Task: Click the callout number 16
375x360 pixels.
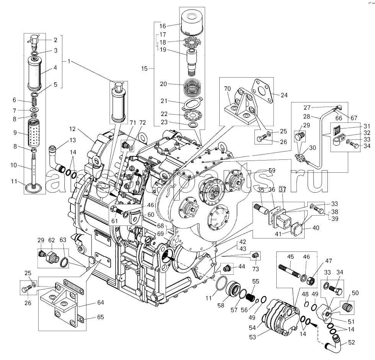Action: coord(163,26)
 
